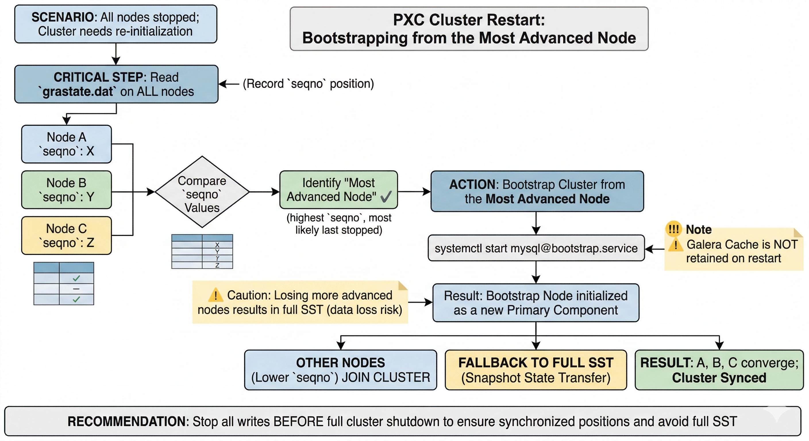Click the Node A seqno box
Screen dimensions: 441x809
(66, 144)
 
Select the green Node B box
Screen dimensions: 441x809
(66, 189)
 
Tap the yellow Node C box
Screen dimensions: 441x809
(66, 235)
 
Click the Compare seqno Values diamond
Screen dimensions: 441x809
(202, 192)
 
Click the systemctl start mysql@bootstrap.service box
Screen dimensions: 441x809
(536, 248)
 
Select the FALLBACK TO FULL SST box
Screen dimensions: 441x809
(536, 370)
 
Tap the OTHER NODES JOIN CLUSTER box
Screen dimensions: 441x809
(340, 370)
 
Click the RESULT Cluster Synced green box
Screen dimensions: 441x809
(719, 370)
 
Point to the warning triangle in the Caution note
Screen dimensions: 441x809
(215, 295)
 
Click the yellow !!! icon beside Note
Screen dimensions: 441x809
(673, 229)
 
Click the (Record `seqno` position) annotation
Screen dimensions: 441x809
(308, 84)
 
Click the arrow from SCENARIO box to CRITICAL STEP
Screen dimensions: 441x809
(116, 54)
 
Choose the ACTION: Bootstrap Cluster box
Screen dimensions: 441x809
(537, 191)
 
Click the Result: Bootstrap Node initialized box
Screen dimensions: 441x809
(536, 303)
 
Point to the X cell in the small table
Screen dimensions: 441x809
(217, 245)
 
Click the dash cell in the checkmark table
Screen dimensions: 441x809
(76, 289)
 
